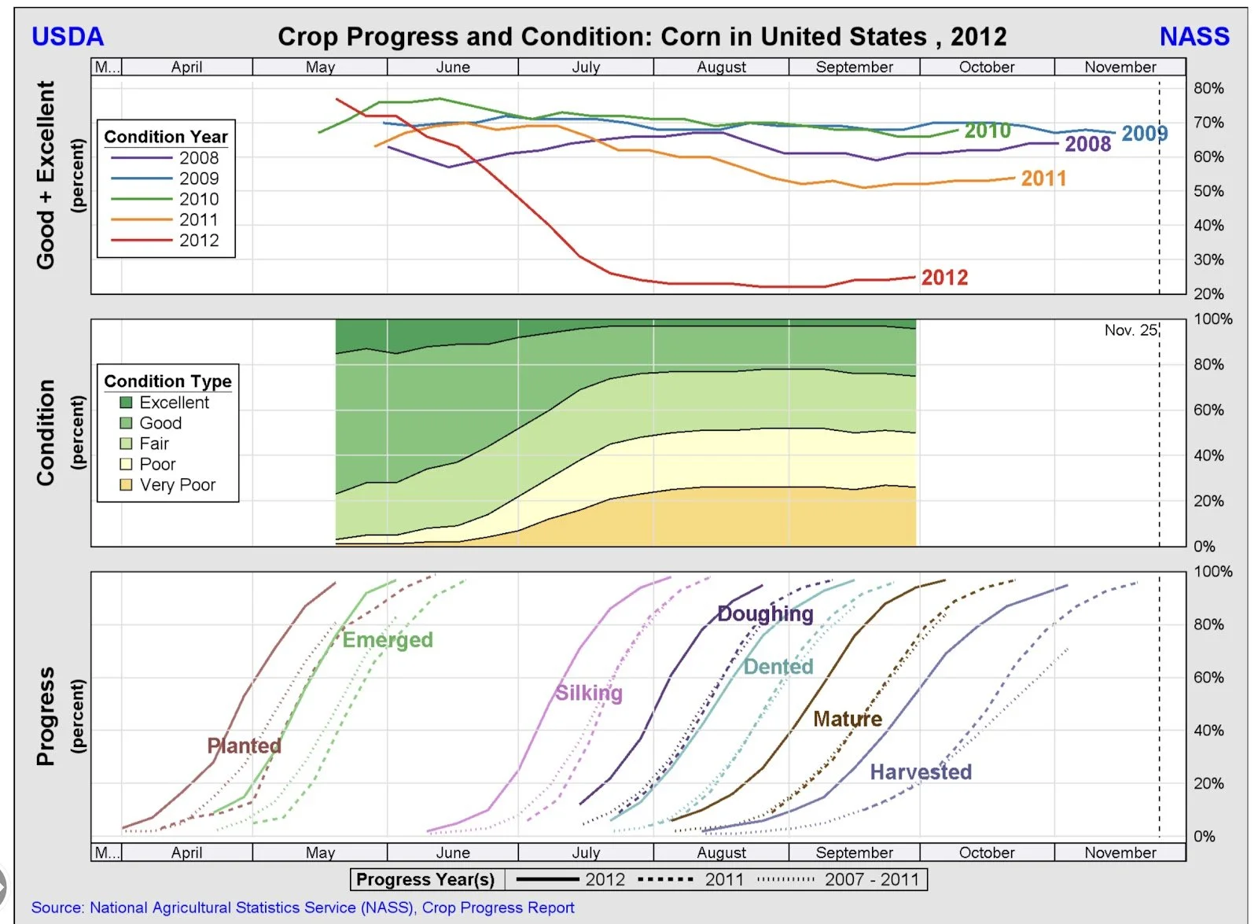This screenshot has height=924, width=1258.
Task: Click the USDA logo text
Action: (x=68, y=36)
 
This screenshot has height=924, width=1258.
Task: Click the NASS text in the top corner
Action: (x=1194, y=36)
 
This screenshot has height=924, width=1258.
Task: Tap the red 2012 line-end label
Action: (x=944, y=278)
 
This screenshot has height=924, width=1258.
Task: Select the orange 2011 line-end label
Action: (x=1043, y=179)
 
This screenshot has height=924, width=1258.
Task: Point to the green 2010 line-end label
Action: (x=988, y=131)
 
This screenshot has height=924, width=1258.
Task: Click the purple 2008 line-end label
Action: (x=1087, y=144)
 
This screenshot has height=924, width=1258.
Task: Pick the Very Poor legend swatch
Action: (x=126, y=485)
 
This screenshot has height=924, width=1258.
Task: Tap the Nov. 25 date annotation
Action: (x=1130, y=330)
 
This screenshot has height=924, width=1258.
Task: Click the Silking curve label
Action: (x=589, y=693)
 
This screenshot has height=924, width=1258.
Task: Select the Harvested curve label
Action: (x=921, y=772)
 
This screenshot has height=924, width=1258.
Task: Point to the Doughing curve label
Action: (x=765, y=613)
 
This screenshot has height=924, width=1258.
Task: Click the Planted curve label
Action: (x=244, y=745)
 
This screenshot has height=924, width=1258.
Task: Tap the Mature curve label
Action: (x=848, y=719)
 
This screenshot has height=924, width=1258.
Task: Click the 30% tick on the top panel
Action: (x=1208, y=260)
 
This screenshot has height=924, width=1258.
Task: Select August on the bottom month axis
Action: (x=721, y=852)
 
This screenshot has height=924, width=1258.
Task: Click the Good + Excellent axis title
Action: (x=46, y=175)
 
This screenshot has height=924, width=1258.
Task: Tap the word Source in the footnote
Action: (x=57, y=907)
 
